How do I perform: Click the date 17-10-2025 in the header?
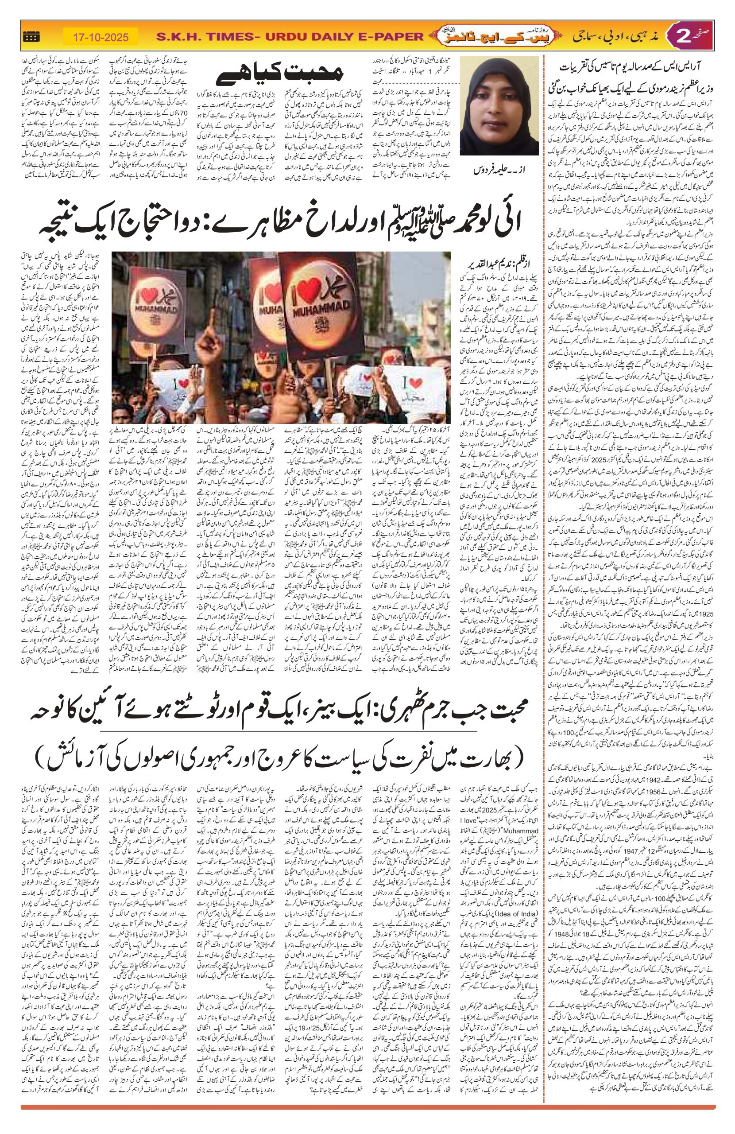click(x=99, y=36)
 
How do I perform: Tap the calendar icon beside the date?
click(x=31, y=36)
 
